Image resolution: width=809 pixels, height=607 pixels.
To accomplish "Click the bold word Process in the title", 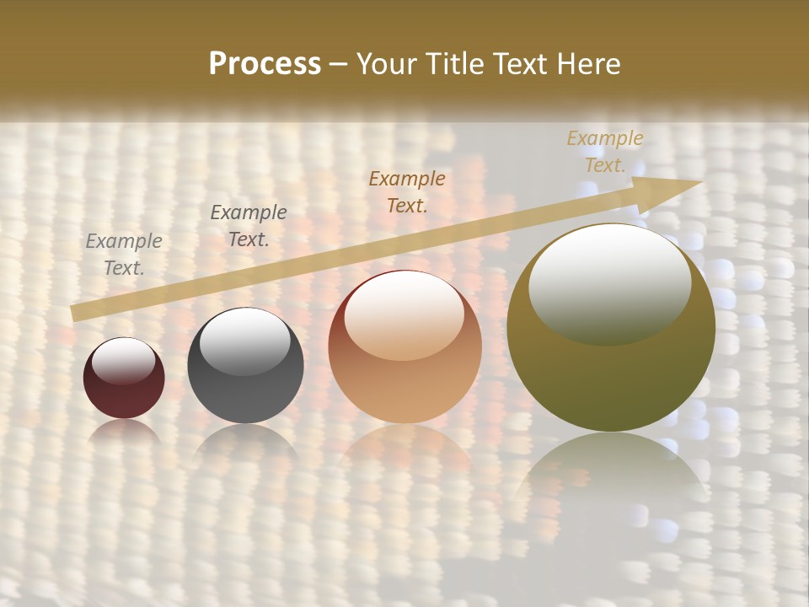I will (x=265, y=64).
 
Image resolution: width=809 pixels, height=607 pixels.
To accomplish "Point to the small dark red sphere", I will (x=124, y=378).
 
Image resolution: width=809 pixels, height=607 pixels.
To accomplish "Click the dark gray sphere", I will (x=245, y=366).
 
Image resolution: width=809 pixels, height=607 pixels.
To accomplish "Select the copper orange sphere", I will (x=404, y=346).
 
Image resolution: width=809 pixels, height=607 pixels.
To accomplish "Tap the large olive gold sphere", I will (x=611, y=327).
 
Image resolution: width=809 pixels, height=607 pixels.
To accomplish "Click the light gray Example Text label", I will (x=124, y=255).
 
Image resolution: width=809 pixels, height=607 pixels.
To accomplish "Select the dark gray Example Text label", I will (x=248, y=226).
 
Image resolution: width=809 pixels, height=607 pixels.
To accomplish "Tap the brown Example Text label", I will (x=407, y=192).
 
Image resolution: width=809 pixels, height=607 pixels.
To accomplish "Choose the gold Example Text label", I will (x=604, y=152).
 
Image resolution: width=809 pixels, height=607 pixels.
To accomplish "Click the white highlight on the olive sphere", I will (x=609, y=282).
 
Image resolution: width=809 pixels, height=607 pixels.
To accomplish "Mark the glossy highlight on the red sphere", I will (x=123, y=360).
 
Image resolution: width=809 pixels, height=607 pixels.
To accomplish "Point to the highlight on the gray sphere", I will (x=244, y=341).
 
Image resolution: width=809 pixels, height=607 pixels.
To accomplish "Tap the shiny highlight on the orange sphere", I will (x=404, y=314).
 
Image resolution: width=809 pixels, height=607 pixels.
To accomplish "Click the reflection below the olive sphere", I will (x=611, y=472).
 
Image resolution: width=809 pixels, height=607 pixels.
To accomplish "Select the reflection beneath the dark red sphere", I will (x=124, y=432).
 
